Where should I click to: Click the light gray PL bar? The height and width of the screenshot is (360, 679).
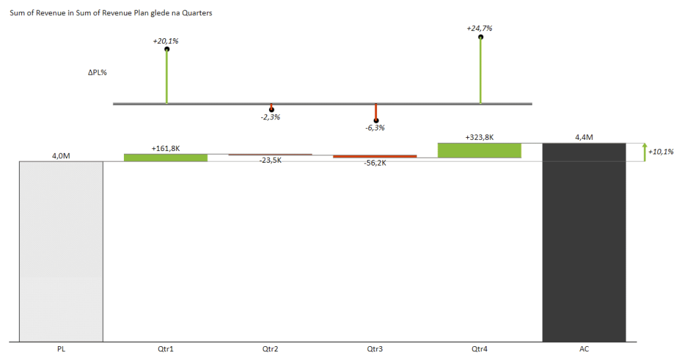61,251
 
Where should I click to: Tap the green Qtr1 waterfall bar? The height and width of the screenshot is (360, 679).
165,158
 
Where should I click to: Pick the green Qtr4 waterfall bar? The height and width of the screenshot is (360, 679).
479,150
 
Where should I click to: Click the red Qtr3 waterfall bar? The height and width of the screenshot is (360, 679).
374,156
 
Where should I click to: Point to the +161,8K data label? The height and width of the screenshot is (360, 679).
165,148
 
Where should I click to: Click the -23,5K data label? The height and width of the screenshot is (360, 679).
270,160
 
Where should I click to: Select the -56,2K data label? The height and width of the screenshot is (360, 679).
374,163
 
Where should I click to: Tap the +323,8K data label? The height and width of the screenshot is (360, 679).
479,137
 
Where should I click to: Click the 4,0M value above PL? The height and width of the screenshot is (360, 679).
61,156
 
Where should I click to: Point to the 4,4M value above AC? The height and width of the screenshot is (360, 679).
583,137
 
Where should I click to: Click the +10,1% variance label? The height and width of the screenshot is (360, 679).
660,152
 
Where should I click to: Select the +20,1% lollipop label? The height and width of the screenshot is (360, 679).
165,41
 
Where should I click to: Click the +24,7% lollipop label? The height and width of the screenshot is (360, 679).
479,28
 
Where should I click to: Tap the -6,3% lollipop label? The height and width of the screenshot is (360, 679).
374,128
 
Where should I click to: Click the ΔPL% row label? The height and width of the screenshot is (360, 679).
97,73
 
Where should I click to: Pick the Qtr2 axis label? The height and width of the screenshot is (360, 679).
270,349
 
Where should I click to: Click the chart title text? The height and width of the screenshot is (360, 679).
111,13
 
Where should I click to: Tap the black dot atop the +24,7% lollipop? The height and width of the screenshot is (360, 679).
481,37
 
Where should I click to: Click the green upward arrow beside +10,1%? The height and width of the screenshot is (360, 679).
644,152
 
